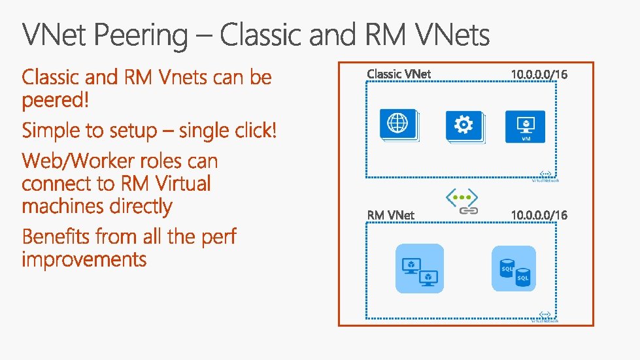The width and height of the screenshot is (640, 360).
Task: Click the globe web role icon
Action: [398, 124]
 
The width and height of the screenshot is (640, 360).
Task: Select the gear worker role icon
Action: [464, 125]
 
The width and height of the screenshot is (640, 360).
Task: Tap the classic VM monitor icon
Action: [525, 126]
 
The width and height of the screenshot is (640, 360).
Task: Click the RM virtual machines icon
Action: [419, 269]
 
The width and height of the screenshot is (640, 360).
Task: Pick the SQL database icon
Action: [514, 269]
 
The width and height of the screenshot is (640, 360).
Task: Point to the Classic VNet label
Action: [399, 73]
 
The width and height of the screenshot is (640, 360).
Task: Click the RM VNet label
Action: [390, 214]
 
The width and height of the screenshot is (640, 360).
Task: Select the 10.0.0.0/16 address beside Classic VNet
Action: [539, 74]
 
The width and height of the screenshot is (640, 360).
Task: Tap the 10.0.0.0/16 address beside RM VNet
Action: [539, 214]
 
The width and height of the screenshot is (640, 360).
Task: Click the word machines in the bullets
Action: [63, 206]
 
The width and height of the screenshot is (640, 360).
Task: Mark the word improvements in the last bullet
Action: [84, 259]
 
